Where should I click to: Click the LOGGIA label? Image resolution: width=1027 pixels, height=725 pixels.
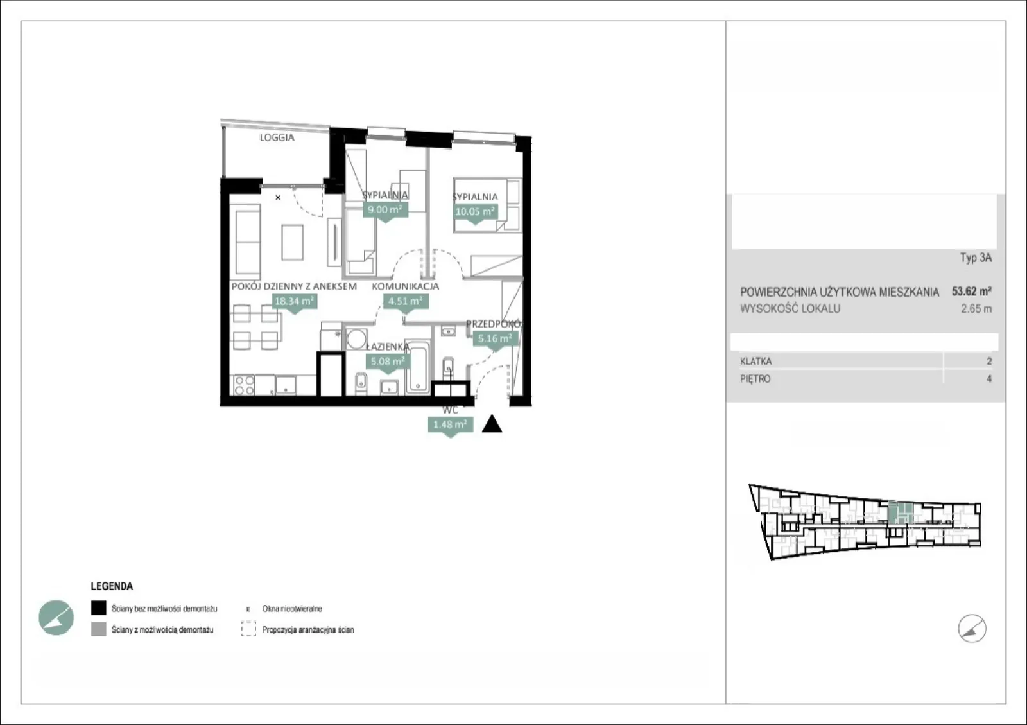[277, 137]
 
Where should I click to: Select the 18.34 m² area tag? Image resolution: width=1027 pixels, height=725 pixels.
[294, 301]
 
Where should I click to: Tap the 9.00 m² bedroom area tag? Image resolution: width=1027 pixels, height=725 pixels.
[385, 210]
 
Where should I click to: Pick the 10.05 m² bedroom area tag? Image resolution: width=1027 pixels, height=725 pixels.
[475, 212]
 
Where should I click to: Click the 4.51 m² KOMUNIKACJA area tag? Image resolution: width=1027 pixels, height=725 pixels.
[406, 301]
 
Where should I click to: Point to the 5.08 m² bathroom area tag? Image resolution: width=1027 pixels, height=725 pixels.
[388, 362]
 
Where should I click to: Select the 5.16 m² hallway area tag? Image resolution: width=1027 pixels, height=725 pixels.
[495, 338]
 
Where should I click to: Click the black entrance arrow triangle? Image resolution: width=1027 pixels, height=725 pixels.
[492, 424]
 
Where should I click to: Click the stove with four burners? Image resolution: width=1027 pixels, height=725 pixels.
[243, 385]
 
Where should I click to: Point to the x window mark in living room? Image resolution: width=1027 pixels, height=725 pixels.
[278, 198]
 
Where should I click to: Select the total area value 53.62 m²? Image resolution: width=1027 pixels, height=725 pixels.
[972, 291]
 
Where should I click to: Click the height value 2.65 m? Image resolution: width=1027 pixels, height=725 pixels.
[976, 309]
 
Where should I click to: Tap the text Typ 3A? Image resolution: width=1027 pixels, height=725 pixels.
[976, 258]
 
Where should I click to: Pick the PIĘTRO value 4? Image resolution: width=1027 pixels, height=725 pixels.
[989, 379]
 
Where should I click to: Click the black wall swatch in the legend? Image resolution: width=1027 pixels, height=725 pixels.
[99, 608]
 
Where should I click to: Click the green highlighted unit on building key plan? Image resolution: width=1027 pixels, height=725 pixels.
[900, 512]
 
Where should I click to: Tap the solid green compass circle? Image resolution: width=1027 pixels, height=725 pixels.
[56, 618]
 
